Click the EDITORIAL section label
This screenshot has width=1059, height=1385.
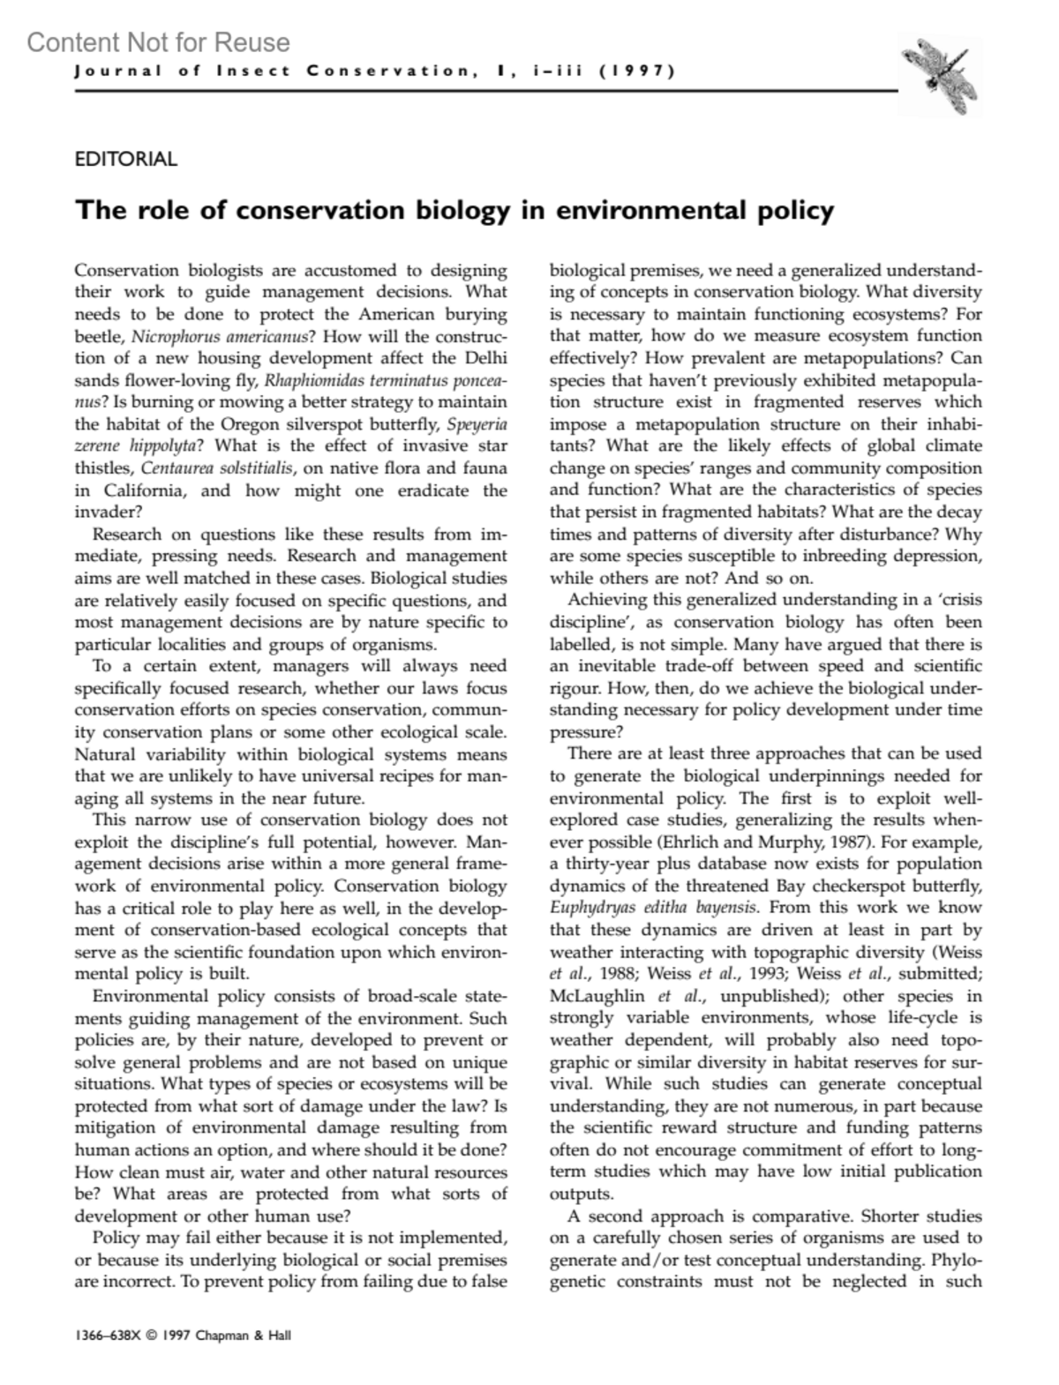click(x=126, y=160)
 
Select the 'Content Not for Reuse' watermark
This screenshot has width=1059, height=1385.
click(x=159, y=42)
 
